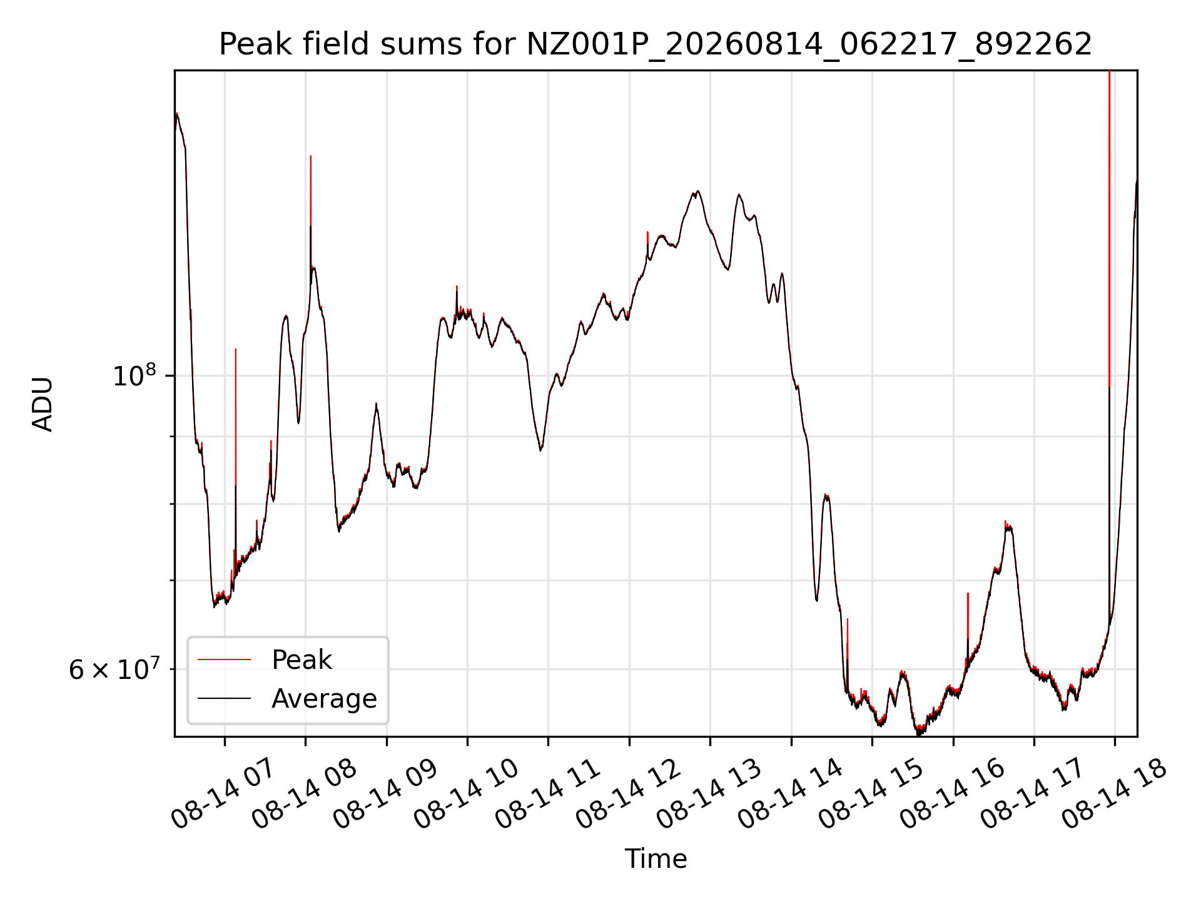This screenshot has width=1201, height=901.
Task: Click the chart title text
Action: coord(656,44)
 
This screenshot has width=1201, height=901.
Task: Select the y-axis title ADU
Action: coord(43,404)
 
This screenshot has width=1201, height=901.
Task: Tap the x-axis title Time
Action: coord(656,859)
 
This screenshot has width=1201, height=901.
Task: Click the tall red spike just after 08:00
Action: coord(310,191)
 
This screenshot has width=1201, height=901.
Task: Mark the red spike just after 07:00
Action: coord(235,416)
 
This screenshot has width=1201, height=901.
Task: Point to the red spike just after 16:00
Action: coord(968,615)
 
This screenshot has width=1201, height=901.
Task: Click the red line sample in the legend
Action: coord(224,659)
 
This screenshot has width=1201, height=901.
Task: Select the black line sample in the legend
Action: coord(224,698)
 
